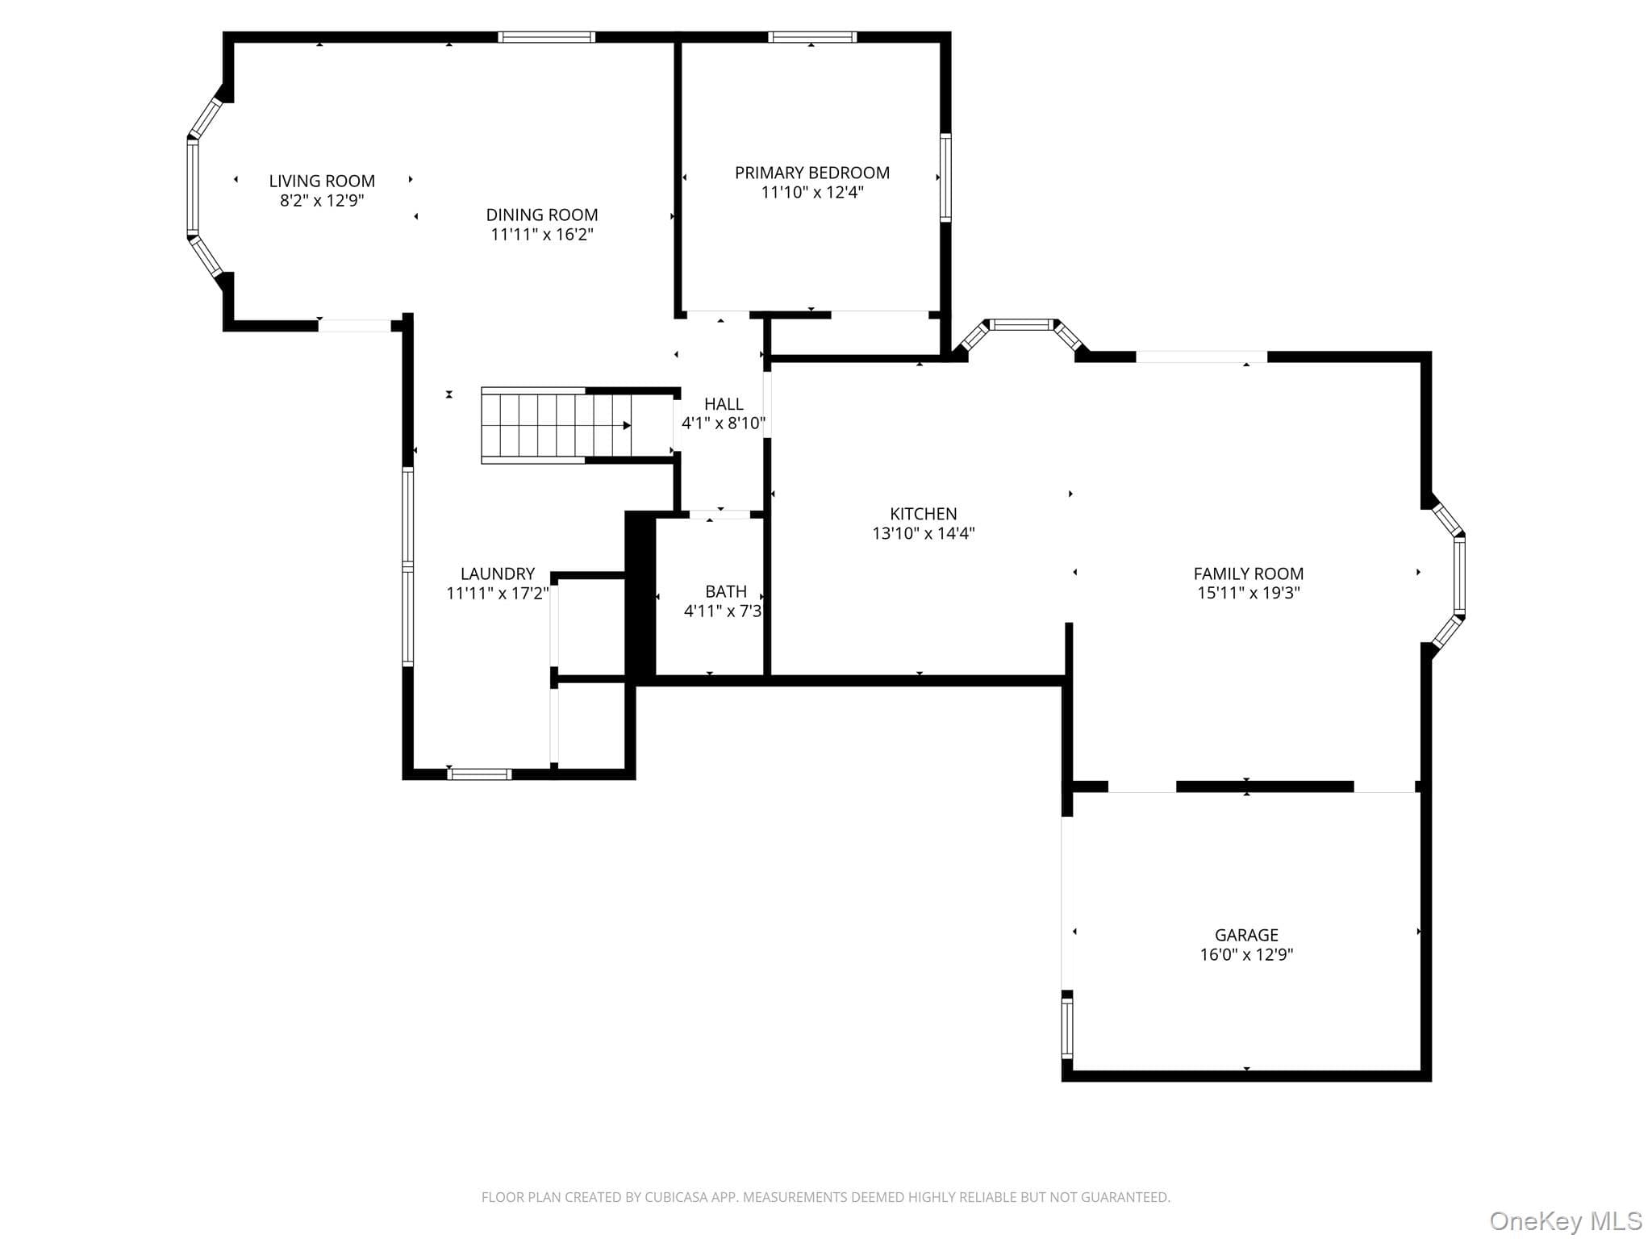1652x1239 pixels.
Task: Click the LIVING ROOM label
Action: click(322, 181)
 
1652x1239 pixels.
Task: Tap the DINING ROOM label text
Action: click(542, 215)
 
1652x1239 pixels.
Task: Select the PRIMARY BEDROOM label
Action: click(812, 173)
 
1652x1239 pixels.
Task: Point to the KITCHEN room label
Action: click(924, 514)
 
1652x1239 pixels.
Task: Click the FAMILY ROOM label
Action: click(1249, 574)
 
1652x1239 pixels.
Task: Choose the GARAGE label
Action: click(1247, 935)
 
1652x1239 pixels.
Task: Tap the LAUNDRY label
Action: click(498, 574)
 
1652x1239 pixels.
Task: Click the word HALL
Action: click(724, 404)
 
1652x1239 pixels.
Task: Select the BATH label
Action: click(726, 591)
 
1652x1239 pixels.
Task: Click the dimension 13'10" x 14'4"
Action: click(924, 533)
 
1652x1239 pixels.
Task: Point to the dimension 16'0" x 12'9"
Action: click(1247, 954)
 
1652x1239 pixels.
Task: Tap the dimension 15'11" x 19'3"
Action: click(1249, 593)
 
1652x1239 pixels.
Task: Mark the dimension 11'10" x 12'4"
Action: click(812, 192)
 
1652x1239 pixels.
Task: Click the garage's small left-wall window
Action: click(1067, 1028)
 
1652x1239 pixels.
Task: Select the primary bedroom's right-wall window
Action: click(945, 177)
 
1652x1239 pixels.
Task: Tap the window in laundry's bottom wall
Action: click(480, 774)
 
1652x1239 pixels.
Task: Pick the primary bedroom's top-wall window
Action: click(812, 37)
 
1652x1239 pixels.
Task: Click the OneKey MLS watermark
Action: click(1566, 1221)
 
